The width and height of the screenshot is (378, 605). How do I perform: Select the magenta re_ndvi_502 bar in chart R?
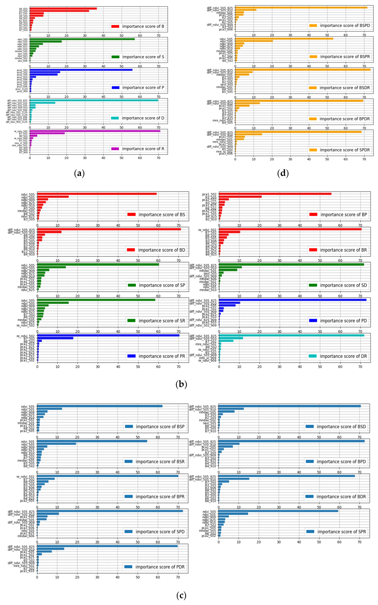(x=95, y=131)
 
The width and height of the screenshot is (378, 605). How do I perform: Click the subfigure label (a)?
(x=80, y=173)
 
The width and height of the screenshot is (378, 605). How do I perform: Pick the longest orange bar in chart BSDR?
(x=303, y=70)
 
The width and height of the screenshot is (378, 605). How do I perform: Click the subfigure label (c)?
(x=181, y=596)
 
